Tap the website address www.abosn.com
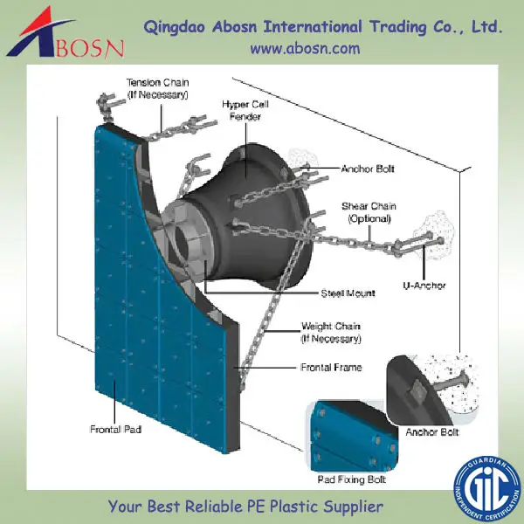pos(305,49)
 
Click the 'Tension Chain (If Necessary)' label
pos(156,86)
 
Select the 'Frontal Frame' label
pos(332,368)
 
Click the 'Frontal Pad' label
pos(115,430)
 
